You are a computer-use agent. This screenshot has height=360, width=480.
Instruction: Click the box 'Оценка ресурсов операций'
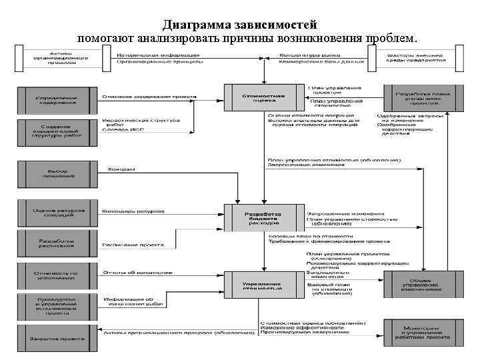point(57,214)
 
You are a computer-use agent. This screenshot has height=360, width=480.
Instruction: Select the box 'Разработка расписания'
point(57,243)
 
